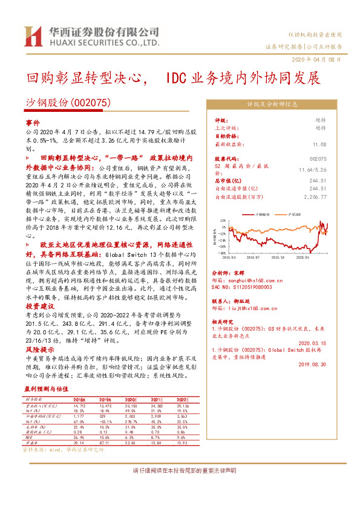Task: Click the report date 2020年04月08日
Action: click(x=320, y=60)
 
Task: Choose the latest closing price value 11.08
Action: click(x=319, y=144)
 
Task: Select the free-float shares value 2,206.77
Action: click(x=314, y=196)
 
